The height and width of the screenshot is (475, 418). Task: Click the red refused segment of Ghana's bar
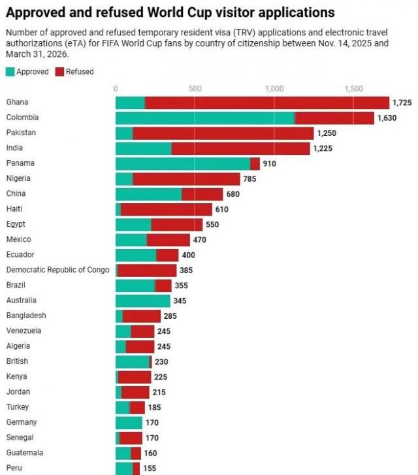pyautogui.click(x=267, y=103)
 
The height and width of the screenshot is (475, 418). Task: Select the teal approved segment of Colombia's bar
pyautogui.click(x=205, y=118)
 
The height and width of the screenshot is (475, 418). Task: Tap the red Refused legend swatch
pyautogui.click(x=59, y=72)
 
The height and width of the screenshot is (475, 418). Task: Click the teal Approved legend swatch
pyautogui.click(x=10, y=72)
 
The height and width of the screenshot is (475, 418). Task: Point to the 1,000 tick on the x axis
pyautogui.click(x=274, y=89)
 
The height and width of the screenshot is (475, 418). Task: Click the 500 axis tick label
pyautogui.click(x=195, y=89)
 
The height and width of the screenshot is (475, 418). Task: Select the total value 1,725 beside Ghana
pyautogui.click(x=402, y=103)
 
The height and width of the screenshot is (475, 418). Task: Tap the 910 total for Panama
pyautogui.click(x=269, y=163)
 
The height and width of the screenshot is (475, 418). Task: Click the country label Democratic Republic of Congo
pyautogui.click(x=57, y=270)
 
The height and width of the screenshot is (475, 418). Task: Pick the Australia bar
pyautogui.click(x=143, y=301)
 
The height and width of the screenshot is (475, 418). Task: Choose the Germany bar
pyautogui.click(x=129, y=423)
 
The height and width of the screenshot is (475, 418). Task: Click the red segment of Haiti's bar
pyautogui.click(x=167, y=209)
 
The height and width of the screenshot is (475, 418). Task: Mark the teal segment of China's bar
pyautogui.click(x=149, y=194)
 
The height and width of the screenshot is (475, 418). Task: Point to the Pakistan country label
pyautogui.click(x=21, y=133)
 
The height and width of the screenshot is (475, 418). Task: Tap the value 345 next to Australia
pyautogui.click(x=180, y=301)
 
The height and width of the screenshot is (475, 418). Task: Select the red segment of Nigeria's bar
pyautogui.click(x=187, y=179)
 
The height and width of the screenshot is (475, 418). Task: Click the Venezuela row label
pyautogui.click(x=24, y=331)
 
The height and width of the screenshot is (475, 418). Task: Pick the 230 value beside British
pyautogui.click(x=161, y=362)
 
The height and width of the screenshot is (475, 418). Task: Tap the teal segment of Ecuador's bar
pyautogui.click(x=136, y=255)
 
